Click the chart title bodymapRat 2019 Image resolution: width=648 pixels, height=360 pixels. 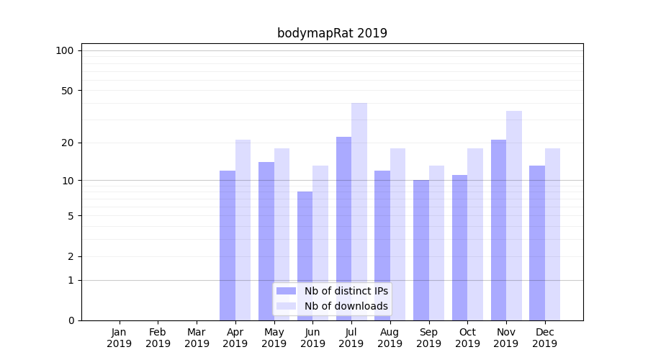(x=332, y=33)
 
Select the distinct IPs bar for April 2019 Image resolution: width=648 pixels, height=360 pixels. (x=228, y=245)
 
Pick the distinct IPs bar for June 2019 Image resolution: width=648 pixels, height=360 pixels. (x=305, y=256)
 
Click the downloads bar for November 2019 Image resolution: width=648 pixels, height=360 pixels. (x=514, y=215)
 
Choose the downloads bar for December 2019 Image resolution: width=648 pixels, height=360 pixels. (x=552, y=234)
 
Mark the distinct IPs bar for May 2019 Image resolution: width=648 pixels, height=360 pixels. (x=266, y=240)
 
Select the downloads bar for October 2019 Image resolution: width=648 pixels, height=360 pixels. (x=475, y=234)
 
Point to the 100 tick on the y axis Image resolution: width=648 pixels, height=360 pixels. (x=65, y=50)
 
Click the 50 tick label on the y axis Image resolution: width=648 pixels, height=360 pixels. (x=68, y=91)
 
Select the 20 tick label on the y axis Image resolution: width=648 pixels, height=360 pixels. (x=68, y=143)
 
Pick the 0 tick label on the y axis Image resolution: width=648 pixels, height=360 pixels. (x=71, y=320)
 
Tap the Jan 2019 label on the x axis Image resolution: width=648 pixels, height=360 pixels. (x=120, y=338)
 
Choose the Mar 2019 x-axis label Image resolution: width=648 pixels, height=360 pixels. (x=197, y=338)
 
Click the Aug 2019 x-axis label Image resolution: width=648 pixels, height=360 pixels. (x=390, y=338)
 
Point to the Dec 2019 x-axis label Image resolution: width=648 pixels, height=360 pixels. (x=544, y=338)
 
